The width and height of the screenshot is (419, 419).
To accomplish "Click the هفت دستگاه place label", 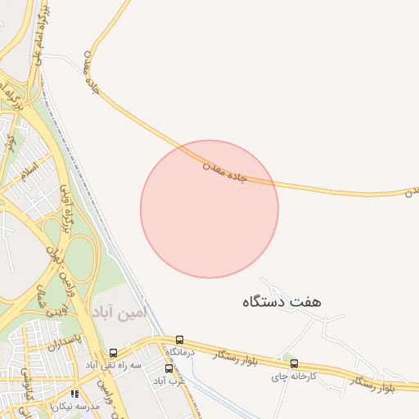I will coord(282,301).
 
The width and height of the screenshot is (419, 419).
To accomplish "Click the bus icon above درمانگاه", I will coord(179,340).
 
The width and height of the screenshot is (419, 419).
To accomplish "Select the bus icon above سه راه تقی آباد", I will coord(113,353).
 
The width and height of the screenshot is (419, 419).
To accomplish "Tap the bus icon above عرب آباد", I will coord(169,368).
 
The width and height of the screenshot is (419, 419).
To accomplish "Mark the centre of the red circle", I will coord(209,209).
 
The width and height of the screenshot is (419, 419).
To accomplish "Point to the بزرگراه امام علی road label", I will coord(38,34).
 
